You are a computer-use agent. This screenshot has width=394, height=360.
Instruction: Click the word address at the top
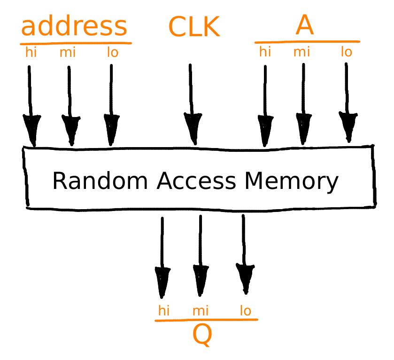pos(74,26)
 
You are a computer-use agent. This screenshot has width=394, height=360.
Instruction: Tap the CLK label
pos(194,27)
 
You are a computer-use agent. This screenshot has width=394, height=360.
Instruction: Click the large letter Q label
pos(202,335)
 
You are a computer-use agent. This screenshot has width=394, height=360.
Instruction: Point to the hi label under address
pos(31,52)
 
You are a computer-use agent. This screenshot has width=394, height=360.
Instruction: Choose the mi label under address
pos(68,52)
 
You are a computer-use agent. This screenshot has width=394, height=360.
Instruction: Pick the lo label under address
pos(112,52)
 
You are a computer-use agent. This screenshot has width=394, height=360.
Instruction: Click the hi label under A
pos(265,52)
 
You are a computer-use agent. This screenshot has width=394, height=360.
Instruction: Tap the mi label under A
pos(302,52)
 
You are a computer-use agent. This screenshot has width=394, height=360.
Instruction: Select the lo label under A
pos(347,52)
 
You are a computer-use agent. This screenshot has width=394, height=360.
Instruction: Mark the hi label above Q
pos(164,311)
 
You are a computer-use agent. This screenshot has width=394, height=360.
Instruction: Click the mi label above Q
pos(201,311)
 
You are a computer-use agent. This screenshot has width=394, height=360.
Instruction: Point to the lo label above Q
pos(245,311)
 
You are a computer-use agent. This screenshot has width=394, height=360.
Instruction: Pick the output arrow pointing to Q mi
pos(201,254)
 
